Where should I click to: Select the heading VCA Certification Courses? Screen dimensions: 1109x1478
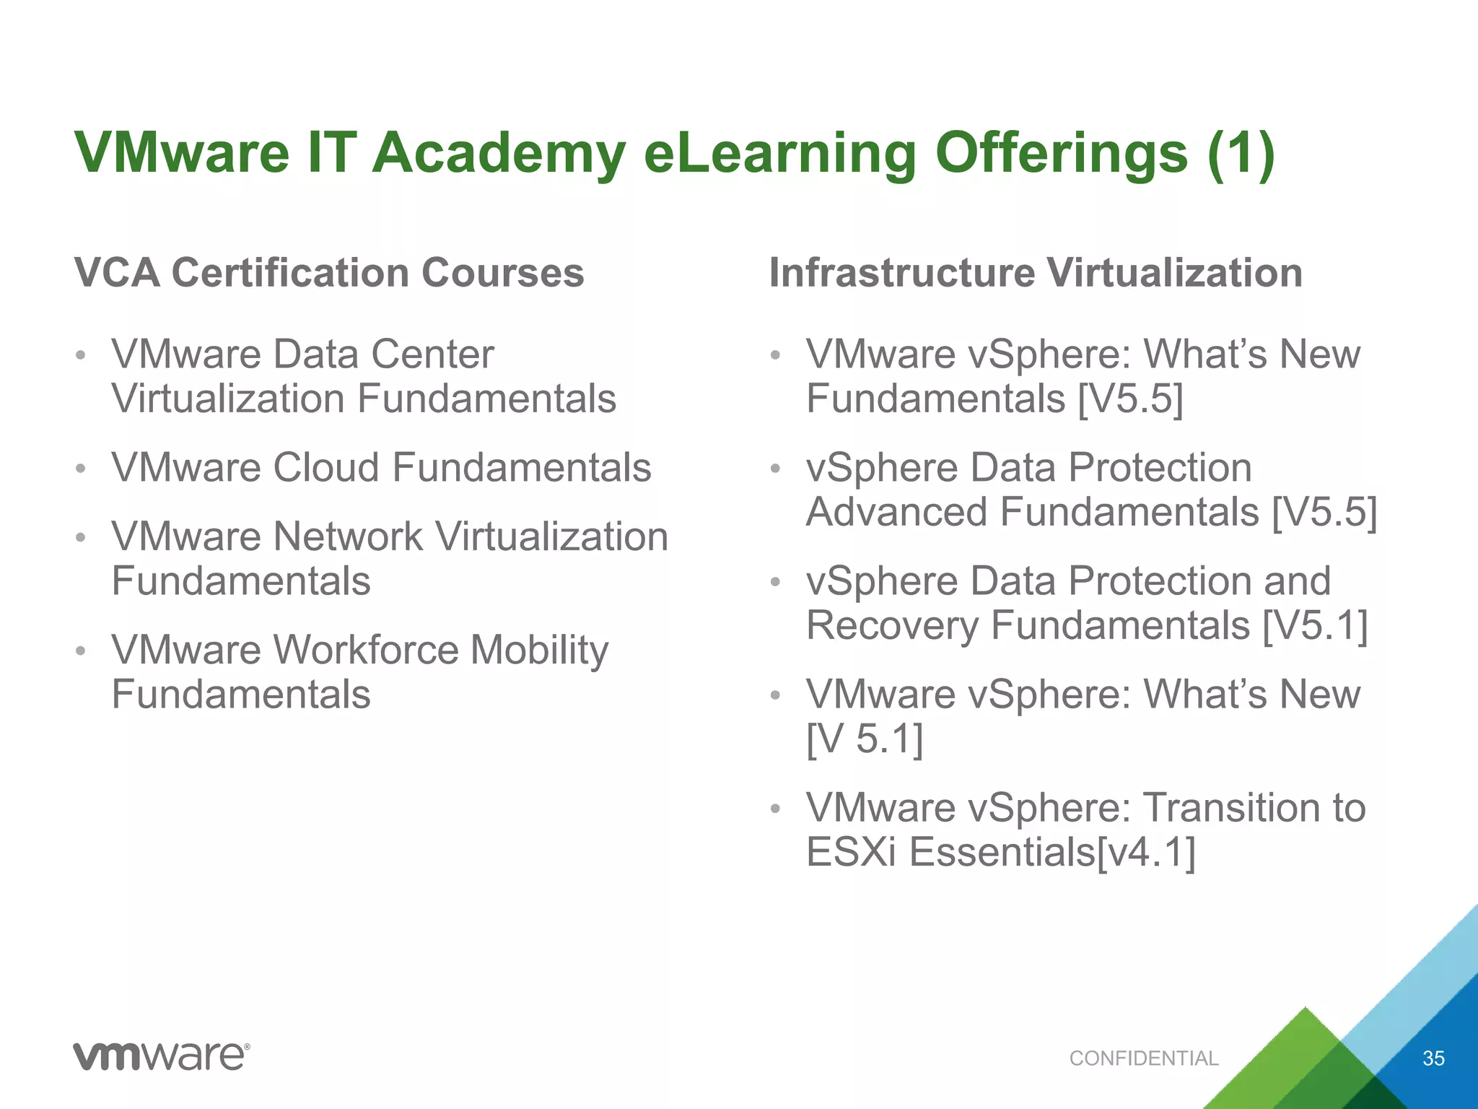click(x=329, y=273)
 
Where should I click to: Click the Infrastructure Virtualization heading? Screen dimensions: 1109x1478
click(x=1036, y=273)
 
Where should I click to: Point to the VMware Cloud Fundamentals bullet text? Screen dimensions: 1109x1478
click(x=381, y=467)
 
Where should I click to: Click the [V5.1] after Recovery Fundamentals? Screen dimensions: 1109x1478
click(x=1315, y=625)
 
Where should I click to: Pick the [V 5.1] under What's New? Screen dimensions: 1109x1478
click(x=865, y=739)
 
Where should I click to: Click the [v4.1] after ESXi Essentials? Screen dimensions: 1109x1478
click(x=1146, y=852)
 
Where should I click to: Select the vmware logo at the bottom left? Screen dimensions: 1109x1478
click(x=162, y=1056)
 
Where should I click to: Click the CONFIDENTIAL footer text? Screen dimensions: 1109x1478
click(x=1144, y=1058)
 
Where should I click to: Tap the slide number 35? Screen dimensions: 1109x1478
click(x=1433, y=1058)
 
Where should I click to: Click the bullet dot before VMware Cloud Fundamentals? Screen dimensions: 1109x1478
click(x=81, y=469)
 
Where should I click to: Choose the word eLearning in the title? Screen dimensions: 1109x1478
click(x=779, y=153)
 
